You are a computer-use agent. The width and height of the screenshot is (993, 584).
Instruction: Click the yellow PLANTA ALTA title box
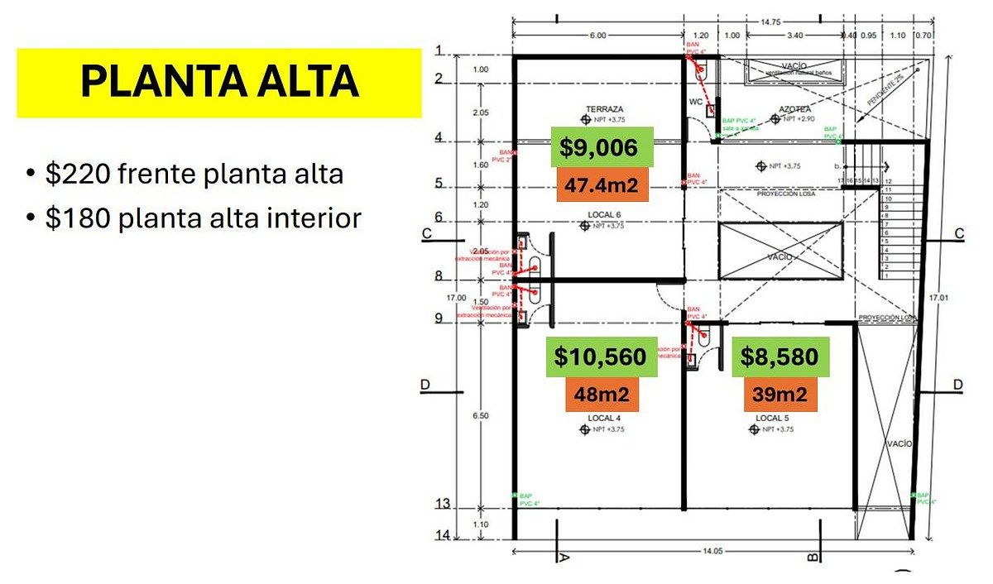point(219,83)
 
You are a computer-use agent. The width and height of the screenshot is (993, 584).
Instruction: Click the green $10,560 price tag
point(600,357)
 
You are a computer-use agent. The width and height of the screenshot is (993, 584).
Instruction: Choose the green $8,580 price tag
point(780,357)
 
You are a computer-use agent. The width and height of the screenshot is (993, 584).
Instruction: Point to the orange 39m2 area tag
point(780,395)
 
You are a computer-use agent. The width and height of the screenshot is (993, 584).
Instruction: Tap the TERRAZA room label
point(604,108)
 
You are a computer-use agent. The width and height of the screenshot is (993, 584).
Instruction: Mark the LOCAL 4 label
point(602,419)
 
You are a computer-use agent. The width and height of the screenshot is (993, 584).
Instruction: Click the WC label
point(696,101)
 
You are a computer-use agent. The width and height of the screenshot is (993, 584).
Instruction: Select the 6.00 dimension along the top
point(598,36)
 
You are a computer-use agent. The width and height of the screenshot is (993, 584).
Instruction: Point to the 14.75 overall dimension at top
point(771,22)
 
